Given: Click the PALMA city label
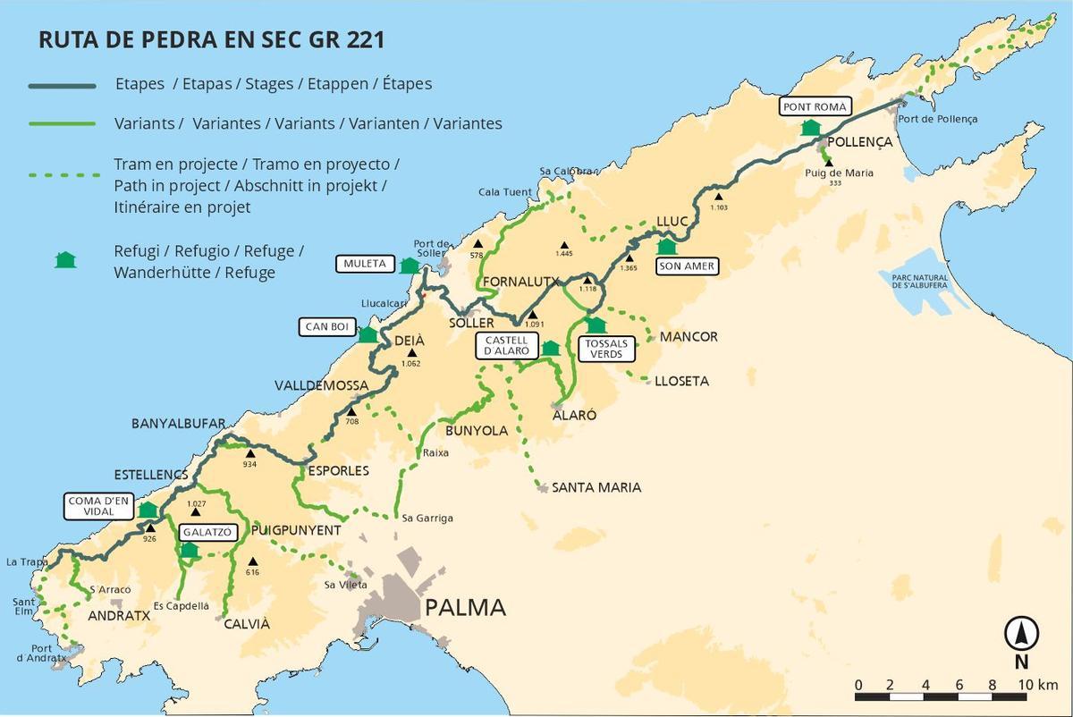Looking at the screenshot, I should point(465,608).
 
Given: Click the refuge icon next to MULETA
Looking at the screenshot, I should point(410,265).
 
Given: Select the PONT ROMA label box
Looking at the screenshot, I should point(814,106).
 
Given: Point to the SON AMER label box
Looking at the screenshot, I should point(687,266).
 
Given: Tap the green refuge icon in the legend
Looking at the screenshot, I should point(64,260).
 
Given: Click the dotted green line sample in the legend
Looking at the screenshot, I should point(62,175).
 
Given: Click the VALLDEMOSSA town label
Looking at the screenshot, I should point(321,385).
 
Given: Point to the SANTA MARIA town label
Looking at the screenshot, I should point(596,487).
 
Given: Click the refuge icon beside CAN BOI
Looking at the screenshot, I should point(367,334).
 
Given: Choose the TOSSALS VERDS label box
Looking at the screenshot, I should point(606,349).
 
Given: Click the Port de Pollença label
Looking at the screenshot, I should point(938,119).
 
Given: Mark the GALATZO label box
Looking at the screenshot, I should point(207,532).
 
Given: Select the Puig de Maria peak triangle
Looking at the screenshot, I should point(828,162).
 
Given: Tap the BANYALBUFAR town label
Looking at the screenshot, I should point(178,423).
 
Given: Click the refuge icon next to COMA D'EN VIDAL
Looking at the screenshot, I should point(148,510).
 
